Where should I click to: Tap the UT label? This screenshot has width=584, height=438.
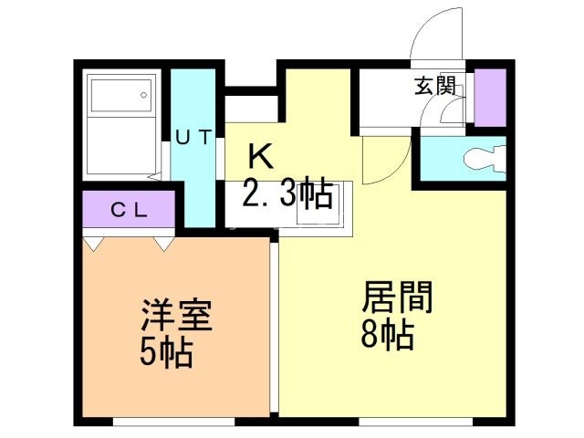193,138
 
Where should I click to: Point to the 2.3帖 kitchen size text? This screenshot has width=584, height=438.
287,194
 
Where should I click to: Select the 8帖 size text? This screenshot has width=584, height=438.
387,336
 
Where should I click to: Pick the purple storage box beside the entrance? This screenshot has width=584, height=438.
490,98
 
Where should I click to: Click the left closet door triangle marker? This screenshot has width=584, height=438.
94,244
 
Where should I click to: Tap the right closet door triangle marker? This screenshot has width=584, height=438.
163,244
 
